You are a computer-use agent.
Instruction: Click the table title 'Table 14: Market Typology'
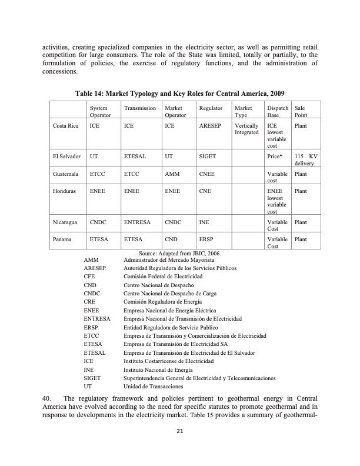(x=180, y=94)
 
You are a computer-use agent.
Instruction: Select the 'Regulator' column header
(x=211, y=109)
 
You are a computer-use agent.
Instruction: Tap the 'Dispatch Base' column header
(x=278, y=112)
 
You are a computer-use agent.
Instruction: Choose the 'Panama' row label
(x=62, y=239)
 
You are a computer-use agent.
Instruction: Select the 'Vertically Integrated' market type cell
(x=246, y=129)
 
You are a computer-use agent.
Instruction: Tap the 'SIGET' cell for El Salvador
(x=208, y=157)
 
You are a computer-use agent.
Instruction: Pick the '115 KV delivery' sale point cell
(x=305, y=160)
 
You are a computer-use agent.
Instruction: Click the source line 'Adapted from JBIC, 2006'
(x=179, y=252)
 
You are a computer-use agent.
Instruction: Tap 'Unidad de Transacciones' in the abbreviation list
(x=153, y=387)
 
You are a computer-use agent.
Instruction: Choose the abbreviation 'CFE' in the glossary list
(x=90, y=276)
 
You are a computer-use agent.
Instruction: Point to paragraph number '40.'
(x=48, y=398)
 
